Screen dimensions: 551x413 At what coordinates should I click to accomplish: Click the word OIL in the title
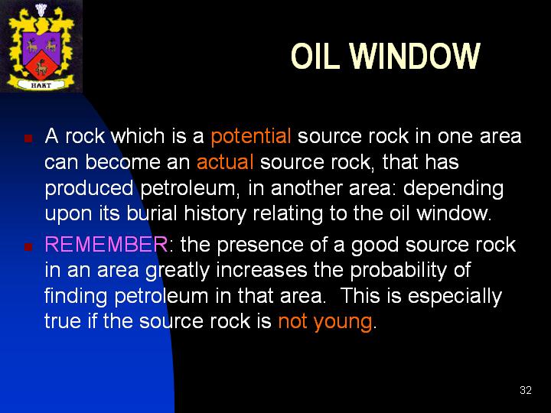pos(315,56)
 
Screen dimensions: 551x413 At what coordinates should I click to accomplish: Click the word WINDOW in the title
pos(415,56)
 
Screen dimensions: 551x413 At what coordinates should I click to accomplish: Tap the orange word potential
pos(250,137)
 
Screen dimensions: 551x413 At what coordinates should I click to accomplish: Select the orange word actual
pos(225,162)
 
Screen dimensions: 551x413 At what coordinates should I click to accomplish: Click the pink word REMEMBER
pos(106,244)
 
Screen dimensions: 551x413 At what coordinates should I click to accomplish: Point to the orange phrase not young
pos(325,322)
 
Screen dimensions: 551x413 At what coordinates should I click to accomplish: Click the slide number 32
pos(526,390)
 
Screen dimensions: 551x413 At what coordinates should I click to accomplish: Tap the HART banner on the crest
pos(41,85)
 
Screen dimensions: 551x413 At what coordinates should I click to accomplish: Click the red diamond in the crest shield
pos(41,64)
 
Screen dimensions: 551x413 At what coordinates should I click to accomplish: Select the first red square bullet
pos(28,138)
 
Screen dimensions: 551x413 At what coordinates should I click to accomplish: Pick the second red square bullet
pos(28,246)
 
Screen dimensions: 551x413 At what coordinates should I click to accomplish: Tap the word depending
pos(453,189)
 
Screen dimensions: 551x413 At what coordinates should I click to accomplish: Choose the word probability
pos(398,271)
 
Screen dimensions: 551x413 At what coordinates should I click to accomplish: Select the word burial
pos(152,213)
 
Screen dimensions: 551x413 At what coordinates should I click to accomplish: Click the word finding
pos(76,297)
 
